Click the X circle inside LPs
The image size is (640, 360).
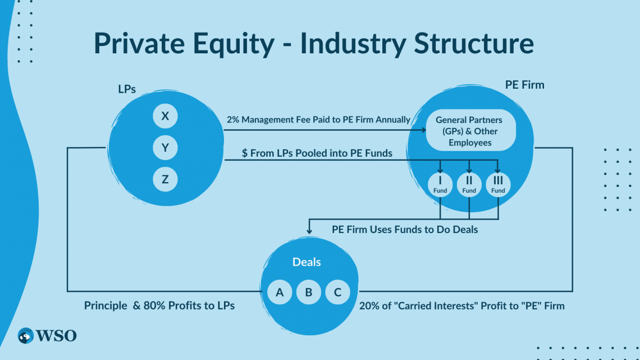[x=165, y=117]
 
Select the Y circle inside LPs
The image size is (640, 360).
[x=165, y=148]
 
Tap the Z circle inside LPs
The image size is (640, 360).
[x=165, y=180]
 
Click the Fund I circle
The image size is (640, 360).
[x=440, y=184]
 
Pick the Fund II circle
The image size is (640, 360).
[x=469, y=184]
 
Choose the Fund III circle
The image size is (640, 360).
[x=498, y=184]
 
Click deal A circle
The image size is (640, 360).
[x=280, y=292]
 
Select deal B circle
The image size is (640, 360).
[x=309, y=292]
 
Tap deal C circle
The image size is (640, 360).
[x=337, y=292]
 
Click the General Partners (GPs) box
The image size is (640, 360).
[x=469, y=131]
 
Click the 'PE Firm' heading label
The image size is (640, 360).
[x=524, y=85]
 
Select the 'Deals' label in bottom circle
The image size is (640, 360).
[x=307, y=262]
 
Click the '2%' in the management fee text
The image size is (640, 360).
[x=234, y=120]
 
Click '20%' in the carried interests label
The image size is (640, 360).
[x=370, y=306]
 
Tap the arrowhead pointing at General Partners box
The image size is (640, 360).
[x=424, y=131]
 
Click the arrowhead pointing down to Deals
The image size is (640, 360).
[x=308, y=230]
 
